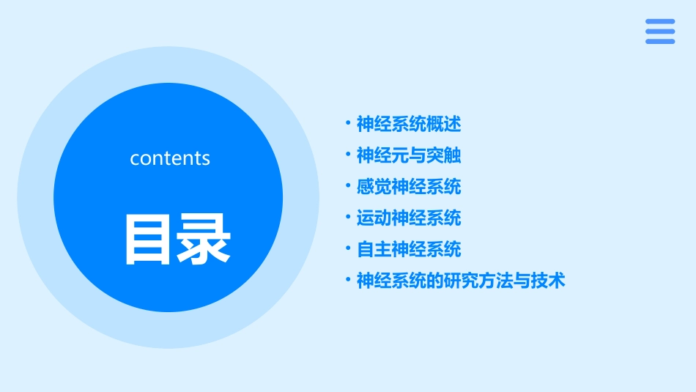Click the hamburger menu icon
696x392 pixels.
pyautogui.click(x=660, y=32)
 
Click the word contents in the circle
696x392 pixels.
pyautogui.click(x=170, y=158)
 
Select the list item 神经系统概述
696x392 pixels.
pyautogui.click(x=409, y=124)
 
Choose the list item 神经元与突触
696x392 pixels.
pyautogui.click(x=409, y=155)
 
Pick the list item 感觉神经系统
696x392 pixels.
pyautogui.click(x=409, y=187)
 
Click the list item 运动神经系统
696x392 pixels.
pyautogui.click(x=409, y=218)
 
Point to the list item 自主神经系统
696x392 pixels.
pyautogui.click(x=409, y=249)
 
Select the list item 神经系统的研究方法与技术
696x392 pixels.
pyautogui.click(x=461, y=281)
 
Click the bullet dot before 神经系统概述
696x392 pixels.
pyautogui.click(x=348, y=123)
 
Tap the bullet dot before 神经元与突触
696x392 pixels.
pyautogui.click(x=348, y=155)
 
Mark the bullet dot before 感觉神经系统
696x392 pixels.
pyautogui.click(x=348, y=186)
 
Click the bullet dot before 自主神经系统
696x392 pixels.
pyautogui.click(x=348, y=248)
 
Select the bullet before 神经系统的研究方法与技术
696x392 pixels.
pyautogui.click(x=348, y=280)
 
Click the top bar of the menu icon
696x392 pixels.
pyautogui.click(x=660, y=21)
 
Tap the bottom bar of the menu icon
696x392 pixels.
pyautogui.click(x=660, y=42)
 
